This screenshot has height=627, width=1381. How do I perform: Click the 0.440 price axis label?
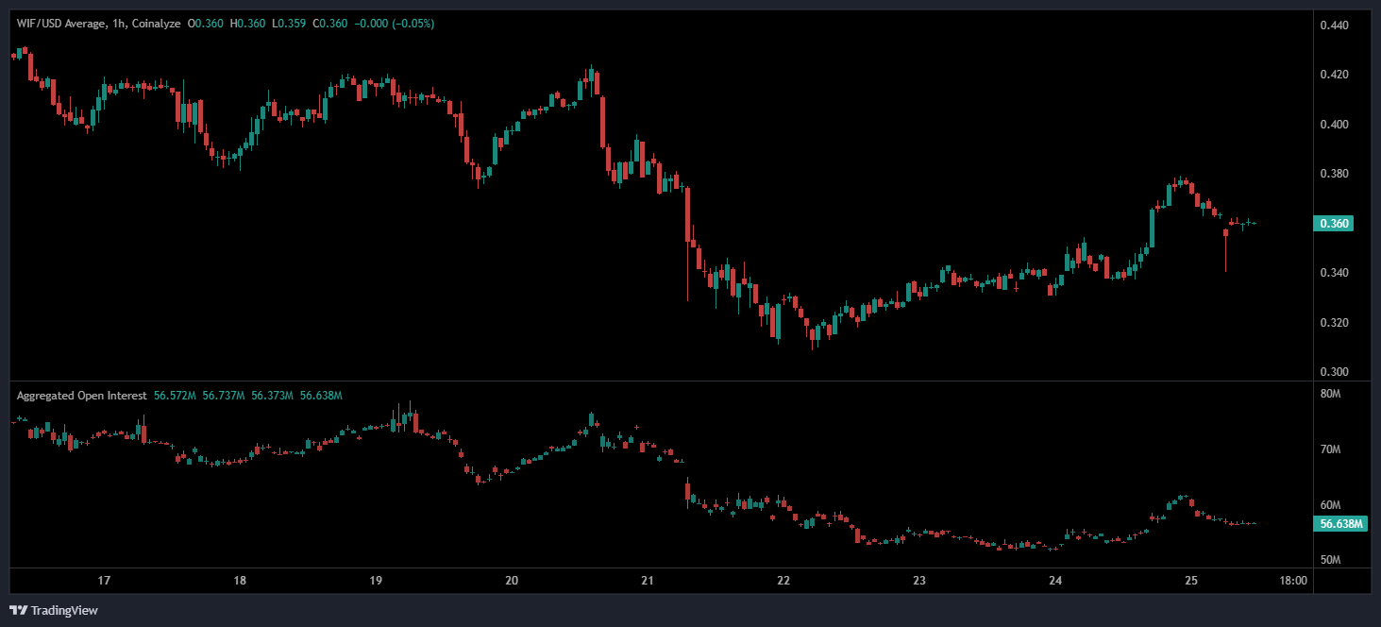[x=1332, y=25]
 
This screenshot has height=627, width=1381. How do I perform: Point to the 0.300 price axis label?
[x=1332, y=372]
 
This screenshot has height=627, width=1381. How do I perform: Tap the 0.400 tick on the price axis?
[x=1332, y=125]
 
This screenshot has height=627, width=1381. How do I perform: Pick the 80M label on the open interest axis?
[x=1331, y=394]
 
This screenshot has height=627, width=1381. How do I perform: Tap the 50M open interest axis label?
[x=1331, y=560]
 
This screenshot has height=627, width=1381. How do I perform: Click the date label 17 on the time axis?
[x=104, y=581]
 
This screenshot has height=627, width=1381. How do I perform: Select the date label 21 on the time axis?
[x=648, y=581]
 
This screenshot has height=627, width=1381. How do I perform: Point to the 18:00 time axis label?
[x=1292, y=581]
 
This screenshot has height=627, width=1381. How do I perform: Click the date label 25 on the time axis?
[x=1191, y=581]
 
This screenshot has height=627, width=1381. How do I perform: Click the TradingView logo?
[x=54, y=610]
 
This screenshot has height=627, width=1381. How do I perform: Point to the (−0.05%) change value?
[x=413, y=24]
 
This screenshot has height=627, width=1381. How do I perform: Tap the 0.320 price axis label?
[x=1332, y=323]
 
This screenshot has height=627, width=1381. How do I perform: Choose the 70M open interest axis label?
[x=1331, y=449]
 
